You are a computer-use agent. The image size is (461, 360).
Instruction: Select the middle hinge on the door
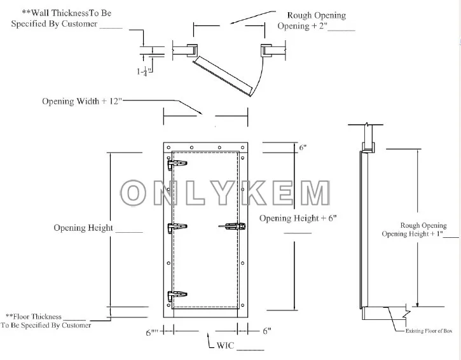177,228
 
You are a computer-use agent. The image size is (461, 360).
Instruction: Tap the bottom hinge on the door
177,296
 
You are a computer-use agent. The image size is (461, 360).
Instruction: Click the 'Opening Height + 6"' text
297,218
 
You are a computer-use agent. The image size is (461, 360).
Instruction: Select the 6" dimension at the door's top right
303,148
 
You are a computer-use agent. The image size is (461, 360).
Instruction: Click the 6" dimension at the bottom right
267,331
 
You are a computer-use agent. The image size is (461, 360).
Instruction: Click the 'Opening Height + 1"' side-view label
411,233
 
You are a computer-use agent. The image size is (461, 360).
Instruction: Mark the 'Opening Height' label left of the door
83,228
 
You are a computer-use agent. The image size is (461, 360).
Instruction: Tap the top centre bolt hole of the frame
206,148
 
